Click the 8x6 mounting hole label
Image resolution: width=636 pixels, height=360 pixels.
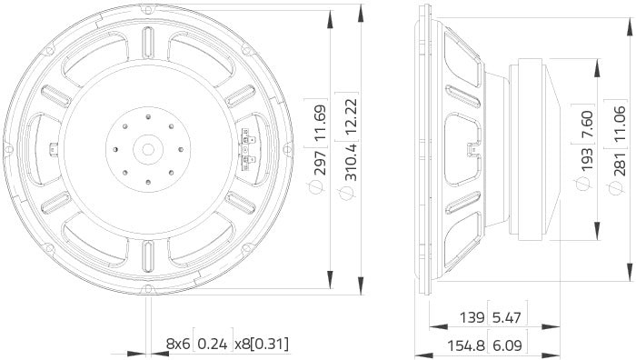pyautogui.click(x=177, y=345)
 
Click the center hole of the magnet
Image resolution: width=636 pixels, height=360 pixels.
pyautogui.click(x=145, y=147)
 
